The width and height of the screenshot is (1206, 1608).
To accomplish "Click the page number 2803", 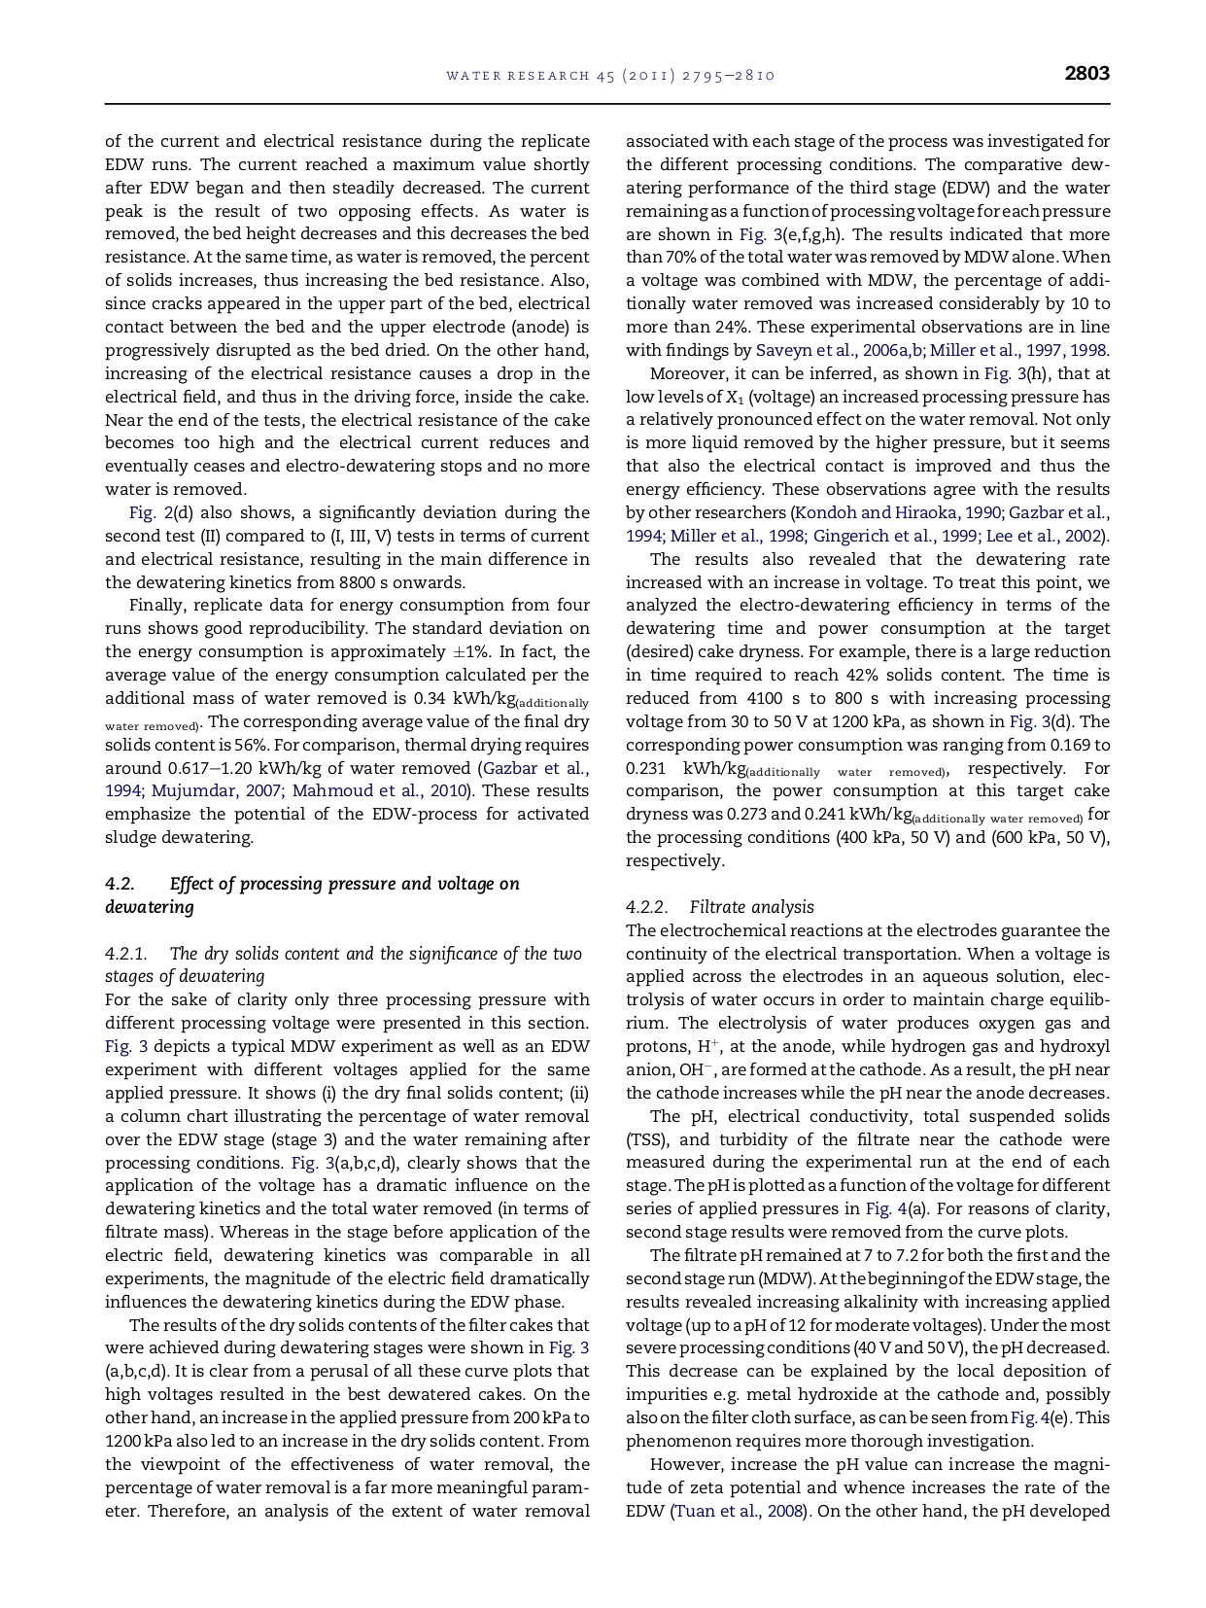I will click(x=1086, y=74).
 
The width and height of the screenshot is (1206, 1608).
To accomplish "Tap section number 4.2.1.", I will click(x=125, y=954).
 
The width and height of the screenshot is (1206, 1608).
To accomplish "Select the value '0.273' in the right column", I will click(x=747, y=814).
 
